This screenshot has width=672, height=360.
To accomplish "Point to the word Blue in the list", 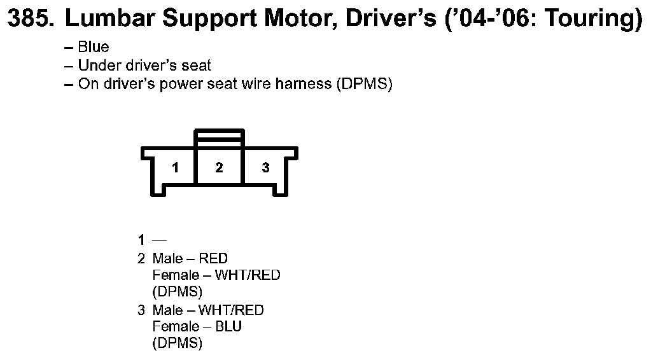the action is [93, 48].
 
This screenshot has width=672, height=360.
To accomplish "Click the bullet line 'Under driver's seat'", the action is [144, 66].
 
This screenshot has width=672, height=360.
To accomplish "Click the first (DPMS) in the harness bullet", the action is [363, 84].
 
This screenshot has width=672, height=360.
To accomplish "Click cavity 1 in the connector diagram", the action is [175, 169].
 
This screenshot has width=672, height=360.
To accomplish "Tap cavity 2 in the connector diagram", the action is [219, 169].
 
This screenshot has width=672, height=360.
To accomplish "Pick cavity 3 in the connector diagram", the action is [265, 169].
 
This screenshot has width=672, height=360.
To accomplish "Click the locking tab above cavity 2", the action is [219, 138].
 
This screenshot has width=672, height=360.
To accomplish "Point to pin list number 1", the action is [141, 240].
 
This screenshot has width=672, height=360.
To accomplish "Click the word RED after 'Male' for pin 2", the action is [213, 258].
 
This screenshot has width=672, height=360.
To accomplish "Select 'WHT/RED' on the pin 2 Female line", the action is [248, 275].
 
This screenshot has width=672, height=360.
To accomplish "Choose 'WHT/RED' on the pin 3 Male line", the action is [231, 310].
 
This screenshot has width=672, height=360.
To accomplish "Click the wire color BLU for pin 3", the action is [229, 327].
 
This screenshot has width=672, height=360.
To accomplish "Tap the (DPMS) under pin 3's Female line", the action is [178, 344].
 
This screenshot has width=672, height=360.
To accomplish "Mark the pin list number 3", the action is [141, 310].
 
